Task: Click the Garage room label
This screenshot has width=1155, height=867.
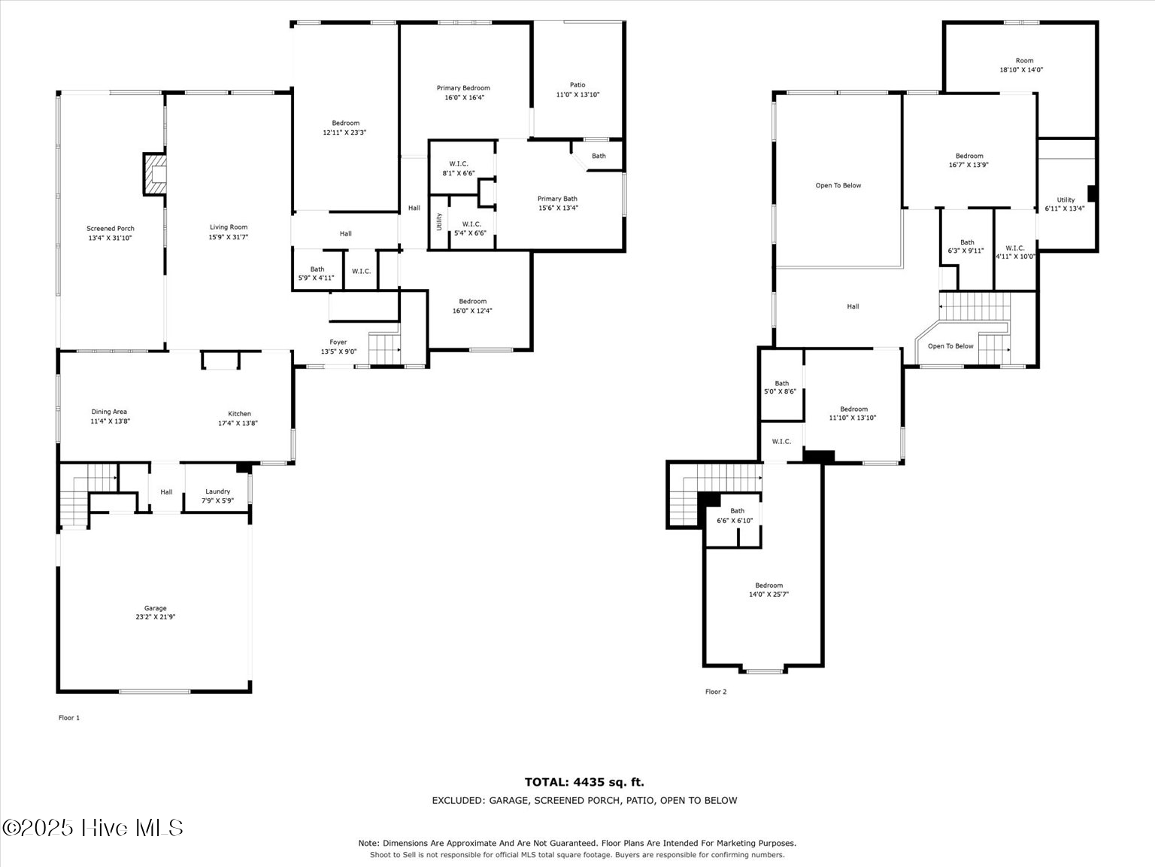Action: point(155,608)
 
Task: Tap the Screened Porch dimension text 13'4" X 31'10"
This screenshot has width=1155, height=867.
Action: point(110,238)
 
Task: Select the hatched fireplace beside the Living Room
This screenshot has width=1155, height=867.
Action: point(155,175)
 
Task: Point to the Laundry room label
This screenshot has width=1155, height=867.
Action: point(217,491)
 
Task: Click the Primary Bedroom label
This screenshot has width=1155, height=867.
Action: point(463,88)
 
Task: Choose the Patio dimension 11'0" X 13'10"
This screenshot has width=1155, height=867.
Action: point(577,95)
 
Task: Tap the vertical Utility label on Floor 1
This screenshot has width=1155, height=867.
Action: point(439,221)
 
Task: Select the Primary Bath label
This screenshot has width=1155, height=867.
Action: point(557,199)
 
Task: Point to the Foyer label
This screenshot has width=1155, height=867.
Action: point(338,342)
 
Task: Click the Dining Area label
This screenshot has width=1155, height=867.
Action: point(109,412)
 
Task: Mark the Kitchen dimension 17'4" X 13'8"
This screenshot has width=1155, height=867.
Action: point(238,423)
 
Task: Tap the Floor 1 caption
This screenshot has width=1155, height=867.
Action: point(69,717)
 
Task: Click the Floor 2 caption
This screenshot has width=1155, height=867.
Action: point(716,692)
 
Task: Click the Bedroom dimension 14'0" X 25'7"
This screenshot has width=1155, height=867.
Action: point(768,595)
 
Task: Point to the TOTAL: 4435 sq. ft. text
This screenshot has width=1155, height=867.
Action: point(584,782)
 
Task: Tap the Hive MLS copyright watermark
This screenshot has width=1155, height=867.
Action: point(92,828)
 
